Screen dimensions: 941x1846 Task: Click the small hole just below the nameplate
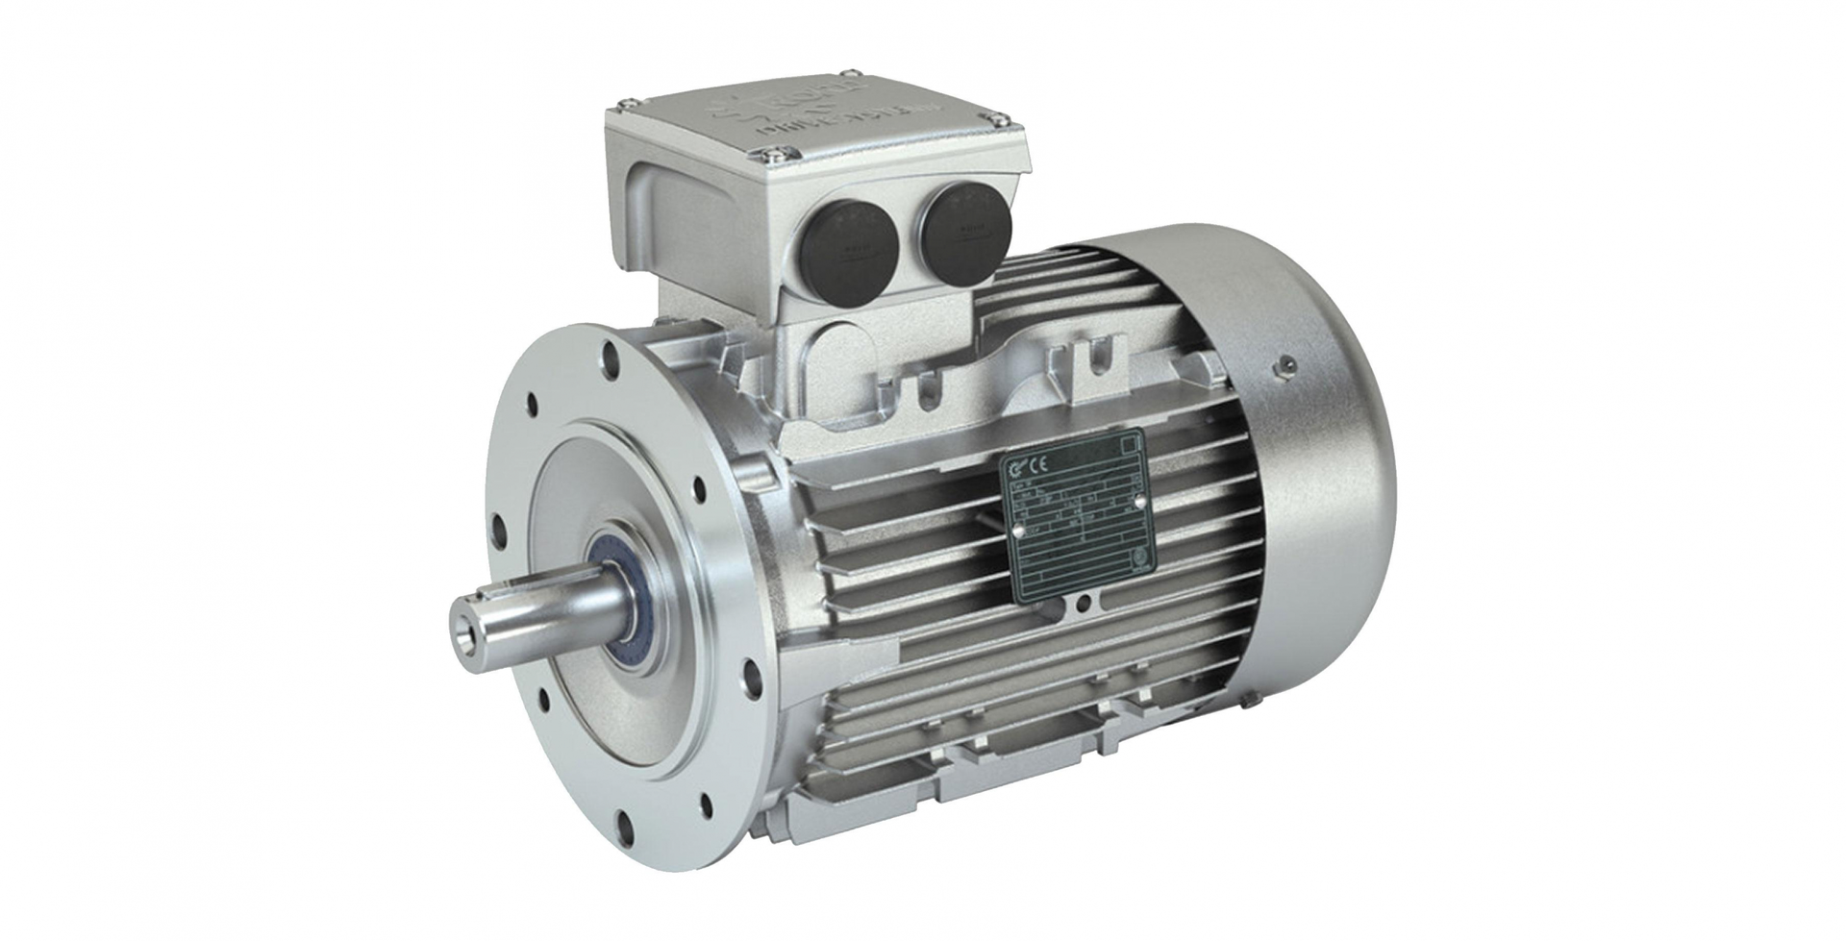click(x=1085, y=604)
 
